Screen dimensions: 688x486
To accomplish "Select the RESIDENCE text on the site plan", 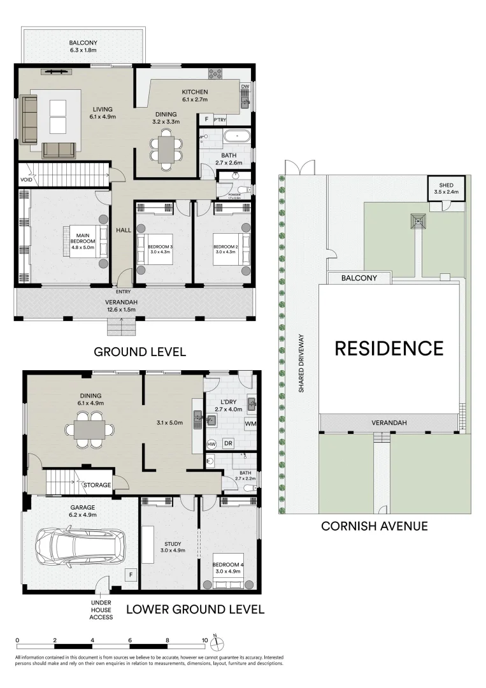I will (x=389, y=348).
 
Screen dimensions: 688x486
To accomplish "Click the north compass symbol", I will (x=217, y=640).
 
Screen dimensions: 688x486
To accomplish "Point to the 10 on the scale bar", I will (x=205, y=640).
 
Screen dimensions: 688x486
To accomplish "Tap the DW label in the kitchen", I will (x=245, y=87).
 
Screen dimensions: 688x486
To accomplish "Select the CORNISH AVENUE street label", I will (x=374, y=526).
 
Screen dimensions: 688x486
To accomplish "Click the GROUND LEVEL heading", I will (x=139, y=352).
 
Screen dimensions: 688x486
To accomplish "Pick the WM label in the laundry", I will (x=250, y=423).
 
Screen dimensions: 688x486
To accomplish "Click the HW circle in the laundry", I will (x=211, y=443).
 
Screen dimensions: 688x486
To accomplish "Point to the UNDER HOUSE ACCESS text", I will (x=101, y=609).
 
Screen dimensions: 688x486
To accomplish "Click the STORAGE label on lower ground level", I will (x=97, y=485).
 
